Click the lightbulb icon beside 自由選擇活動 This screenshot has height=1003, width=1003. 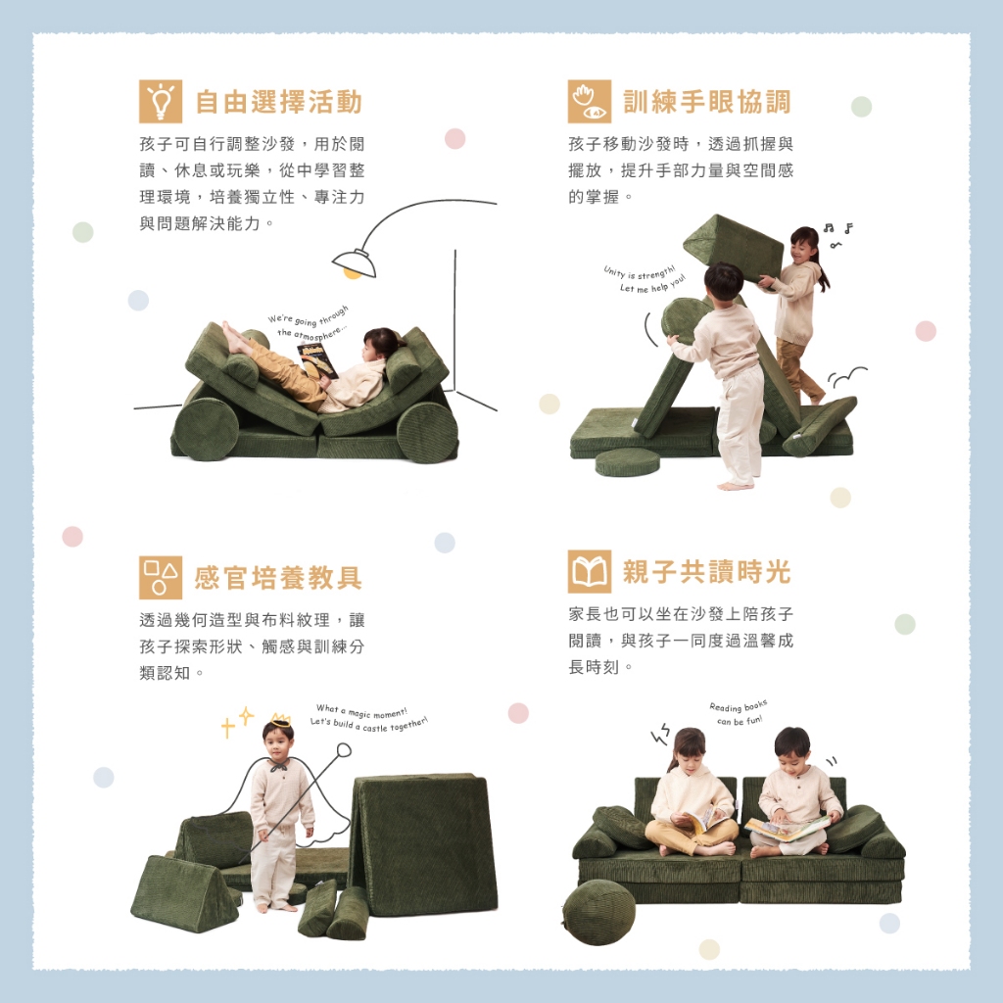[161, 101]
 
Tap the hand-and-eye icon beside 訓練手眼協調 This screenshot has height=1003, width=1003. [589, 101]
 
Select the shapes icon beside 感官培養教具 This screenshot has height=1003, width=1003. [161, 577]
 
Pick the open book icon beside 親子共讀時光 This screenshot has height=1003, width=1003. [589, 571]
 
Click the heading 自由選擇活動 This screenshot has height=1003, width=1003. [279, 102]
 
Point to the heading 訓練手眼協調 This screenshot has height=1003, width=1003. [707, 102]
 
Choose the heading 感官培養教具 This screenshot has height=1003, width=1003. [279, 578]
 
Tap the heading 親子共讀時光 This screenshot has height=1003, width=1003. [707, 572]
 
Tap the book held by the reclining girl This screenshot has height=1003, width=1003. [316, 359]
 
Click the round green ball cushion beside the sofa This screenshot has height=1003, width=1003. [599, 912]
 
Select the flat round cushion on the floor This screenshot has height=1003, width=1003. [627, 462]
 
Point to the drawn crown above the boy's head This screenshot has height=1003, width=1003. [280, 720]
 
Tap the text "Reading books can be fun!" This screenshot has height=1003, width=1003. [739, 713]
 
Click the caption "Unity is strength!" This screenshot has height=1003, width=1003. [639, 272]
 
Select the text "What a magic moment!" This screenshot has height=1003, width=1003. [361, 711]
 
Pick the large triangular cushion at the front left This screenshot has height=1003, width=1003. [184, 893]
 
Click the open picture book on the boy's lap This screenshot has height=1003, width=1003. [787, 829]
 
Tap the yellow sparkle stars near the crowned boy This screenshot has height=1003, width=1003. [237, 722]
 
